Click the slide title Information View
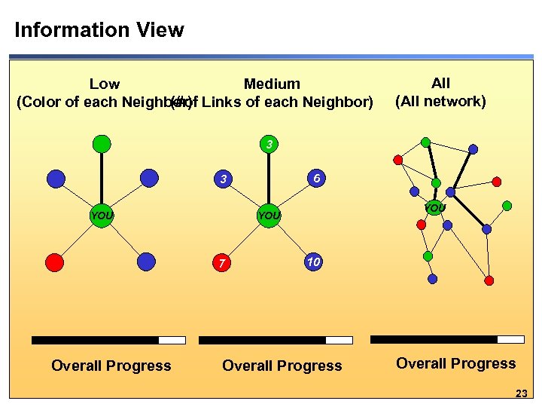99,30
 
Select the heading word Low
105,84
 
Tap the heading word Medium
272,84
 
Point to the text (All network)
440,101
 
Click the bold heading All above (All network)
440,83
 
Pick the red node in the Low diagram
55,262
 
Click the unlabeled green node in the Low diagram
102,143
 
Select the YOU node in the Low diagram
102,216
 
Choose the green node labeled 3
269,143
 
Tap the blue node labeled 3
223,179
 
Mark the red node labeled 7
222,263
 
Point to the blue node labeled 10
314,262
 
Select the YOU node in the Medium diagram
269,216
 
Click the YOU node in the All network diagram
434,207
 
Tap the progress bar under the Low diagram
108,340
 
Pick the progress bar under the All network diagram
447,339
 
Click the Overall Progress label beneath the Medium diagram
282,366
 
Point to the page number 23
522,393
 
